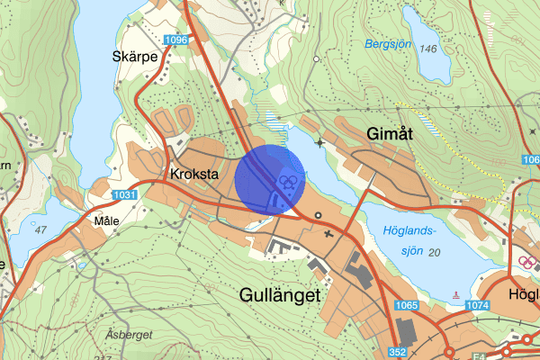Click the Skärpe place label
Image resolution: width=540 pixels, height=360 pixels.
click(136, 56)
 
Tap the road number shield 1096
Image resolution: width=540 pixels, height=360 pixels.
click(175, 40)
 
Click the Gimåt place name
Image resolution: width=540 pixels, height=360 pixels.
click(390, 133)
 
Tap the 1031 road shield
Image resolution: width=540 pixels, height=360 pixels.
click(125, 194)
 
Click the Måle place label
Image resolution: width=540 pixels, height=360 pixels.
click(105, 219)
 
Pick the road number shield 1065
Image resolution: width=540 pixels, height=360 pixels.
click(407, 305)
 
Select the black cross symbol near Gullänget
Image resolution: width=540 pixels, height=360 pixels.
click(327, 234)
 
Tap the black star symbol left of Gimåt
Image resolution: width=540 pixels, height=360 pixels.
click(320, 142)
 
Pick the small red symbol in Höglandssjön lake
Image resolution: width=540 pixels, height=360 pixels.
click(457, 294)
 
